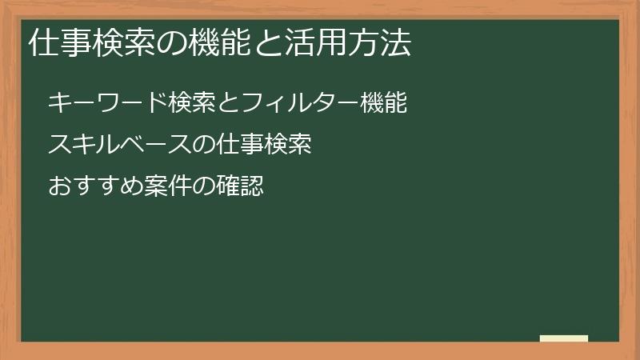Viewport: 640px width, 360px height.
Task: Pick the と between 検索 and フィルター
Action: [207, 103]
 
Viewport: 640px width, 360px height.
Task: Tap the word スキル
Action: [84, 145]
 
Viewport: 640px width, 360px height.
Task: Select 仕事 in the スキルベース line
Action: [238, 145]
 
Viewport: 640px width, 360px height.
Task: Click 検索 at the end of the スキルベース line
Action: [286, 145]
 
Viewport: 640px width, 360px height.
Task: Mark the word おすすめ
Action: [96, 187]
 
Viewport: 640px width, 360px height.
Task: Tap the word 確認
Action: [239, 187]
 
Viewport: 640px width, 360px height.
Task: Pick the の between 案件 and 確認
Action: [205, 187]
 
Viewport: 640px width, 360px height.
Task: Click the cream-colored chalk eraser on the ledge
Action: [563, 338]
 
